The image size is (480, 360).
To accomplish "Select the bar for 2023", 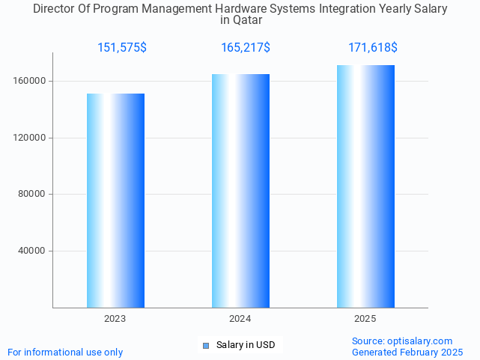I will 115,201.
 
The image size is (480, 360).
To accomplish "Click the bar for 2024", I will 240,191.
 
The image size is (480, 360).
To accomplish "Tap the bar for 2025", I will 365,186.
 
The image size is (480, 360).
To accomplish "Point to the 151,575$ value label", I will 122,48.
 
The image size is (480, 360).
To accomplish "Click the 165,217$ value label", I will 246,48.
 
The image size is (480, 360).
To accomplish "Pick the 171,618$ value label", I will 373,48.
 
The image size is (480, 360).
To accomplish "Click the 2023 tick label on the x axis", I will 115,319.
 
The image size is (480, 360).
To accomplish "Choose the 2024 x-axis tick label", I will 240,319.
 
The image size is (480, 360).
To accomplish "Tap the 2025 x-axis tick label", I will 365,319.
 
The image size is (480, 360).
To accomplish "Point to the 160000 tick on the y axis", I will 31,81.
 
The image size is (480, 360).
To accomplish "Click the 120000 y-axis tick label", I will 31,138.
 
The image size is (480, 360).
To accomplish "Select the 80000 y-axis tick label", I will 33,195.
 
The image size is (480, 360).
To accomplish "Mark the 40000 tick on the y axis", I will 33,251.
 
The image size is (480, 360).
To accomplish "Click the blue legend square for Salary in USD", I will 206,345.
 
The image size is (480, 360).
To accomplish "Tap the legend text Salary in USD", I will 246,345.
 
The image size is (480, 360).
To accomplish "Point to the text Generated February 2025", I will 407,353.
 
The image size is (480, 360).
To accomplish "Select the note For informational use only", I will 65,353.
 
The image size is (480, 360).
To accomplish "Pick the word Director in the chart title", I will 54,9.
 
